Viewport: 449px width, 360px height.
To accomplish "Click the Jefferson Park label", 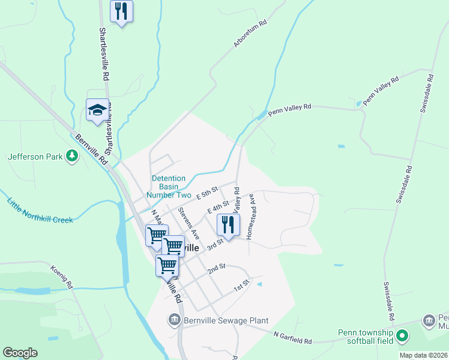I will (35, 157).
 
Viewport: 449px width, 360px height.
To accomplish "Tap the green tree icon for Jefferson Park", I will (72, 157).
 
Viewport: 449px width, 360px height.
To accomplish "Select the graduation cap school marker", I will (97, 110).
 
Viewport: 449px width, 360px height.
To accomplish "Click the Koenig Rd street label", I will (62, 276).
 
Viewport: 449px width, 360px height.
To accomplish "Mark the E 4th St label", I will (218, 207).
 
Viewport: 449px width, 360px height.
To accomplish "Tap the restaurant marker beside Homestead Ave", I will (228, 225).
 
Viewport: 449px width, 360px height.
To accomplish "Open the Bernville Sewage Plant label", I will (226, 321).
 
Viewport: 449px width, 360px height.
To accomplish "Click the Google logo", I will (20, 353).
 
